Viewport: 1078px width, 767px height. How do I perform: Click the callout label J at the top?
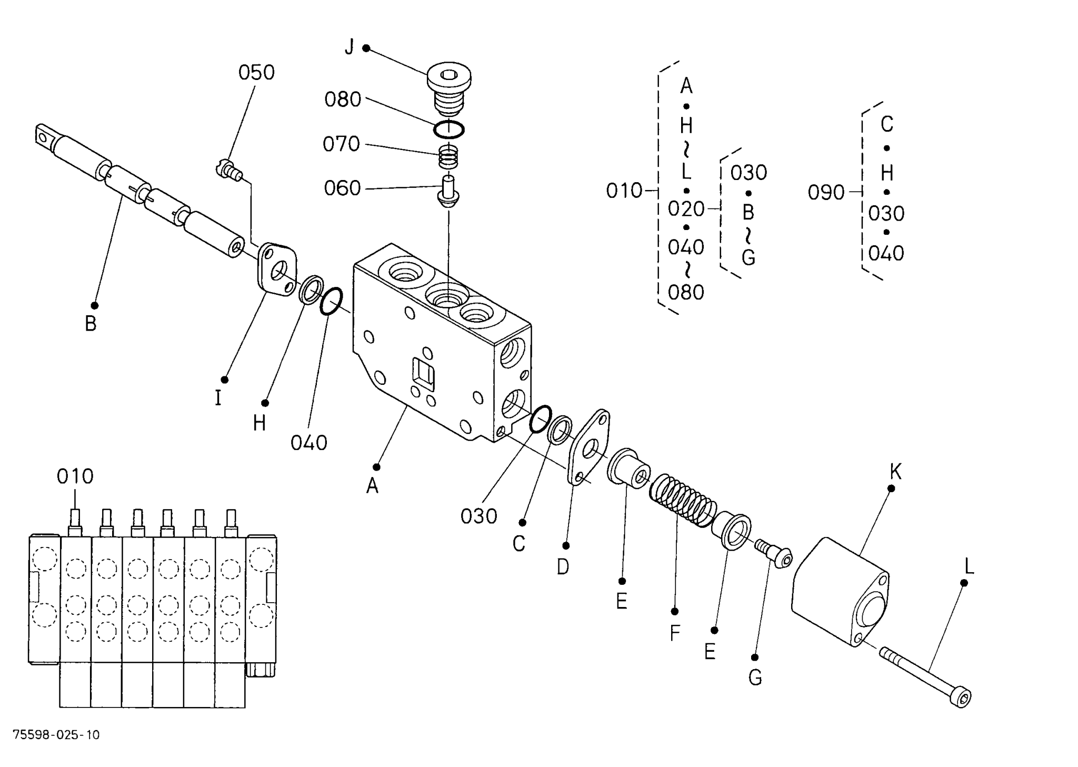pyautogui.click(x=350, y=47)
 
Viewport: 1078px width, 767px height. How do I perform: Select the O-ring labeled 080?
pyautogui.click(x=449, y=129)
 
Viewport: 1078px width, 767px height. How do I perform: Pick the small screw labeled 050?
pyautogui.click(x=228, y=169)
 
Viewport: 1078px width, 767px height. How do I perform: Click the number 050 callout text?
pyautogui.click(x=256, y=73)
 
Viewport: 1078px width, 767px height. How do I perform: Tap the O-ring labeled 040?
pyautogui.click(x=331, y=302)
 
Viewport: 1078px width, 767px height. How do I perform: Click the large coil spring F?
pyautogui.click(x=683, y=500)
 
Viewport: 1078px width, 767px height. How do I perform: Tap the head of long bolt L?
pyautogui.click(x=961, y=699)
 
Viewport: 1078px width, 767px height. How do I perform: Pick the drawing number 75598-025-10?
pyautogui.click(x=56, y=735)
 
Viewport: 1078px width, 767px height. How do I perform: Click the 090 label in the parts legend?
pyautogui.click(x=826, y=193)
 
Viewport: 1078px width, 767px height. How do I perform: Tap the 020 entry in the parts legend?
pyautogui.click(x=686, y=210)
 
